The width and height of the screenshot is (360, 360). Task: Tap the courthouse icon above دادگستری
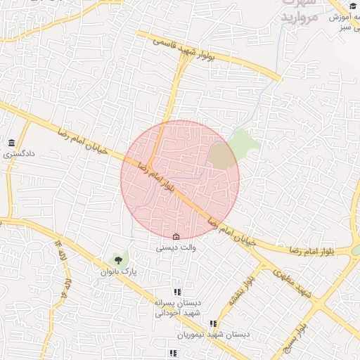coord(11,142)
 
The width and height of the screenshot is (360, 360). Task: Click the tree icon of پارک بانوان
coord(117,260)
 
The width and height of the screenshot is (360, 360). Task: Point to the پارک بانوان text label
coord(117,271)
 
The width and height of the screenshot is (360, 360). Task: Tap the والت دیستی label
coord(176,247)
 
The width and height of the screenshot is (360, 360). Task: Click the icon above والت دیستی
coord(176,237)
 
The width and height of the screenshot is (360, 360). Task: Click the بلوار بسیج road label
coord(294,337)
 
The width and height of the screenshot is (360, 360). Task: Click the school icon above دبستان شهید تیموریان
coord(213,324)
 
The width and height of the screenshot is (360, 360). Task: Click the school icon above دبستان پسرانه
coord(177,292)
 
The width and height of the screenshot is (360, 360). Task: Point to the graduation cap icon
coord(352,6)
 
